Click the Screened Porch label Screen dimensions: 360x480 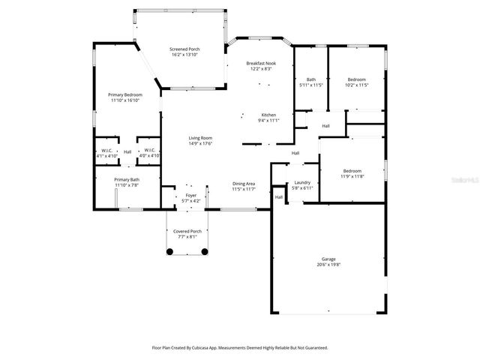pyautogui.click(x=184, y=49)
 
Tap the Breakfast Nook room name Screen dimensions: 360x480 pyautogui.click(x=261, y=64)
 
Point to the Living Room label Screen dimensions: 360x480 pyautogui.click(x=200, y=138)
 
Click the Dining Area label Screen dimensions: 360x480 pyautogui.click(x=244, y=184)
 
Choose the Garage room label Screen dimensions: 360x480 pyautogui.click(x=328, y=259)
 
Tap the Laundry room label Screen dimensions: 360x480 pyautogui.click(x=302, y=182)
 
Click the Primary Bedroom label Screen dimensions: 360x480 pyautogui.click(x=124, y=94)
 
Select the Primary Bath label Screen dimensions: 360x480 pyautogui.click(x=126, y=179)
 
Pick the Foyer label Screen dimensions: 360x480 pyautogui.click(x=191, y=196)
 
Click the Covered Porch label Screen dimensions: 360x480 pyautogui.click(x=187, y=231)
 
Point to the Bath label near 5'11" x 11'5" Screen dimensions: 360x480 pyautogui.click(x=310, y=79)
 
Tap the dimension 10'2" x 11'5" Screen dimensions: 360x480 pyautogui.click(x=356, y=85)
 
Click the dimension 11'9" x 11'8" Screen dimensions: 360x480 pyautogui.click(x=352, y=176)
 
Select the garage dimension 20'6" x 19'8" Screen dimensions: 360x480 pyautogui.click(x=328, y=265)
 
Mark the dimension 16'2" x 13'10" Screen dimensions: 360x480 pyautogui.click(x=184, y=55)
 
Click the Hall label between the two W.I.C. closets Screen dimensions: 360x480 pyautogui.click(x=127, y=152)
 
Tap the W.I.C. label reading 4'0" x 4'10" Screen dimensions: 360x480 pyautogui.click(x=149, y=155)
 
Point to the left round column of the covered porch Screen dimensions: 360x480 pyautogui.click(x=170, y=253)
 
